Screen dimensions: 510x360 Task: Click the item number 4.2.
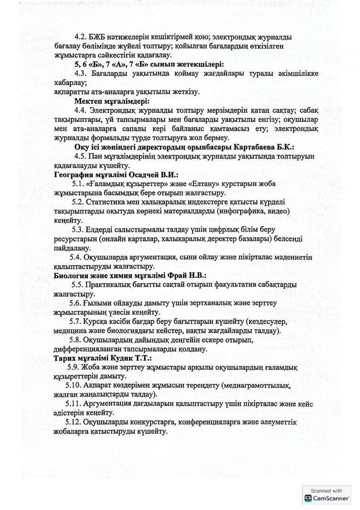pyautogui.click(x=80, y=37)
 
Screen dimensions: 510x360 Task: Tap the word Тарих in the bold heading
pyautogui.click(x=65, y=358)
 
